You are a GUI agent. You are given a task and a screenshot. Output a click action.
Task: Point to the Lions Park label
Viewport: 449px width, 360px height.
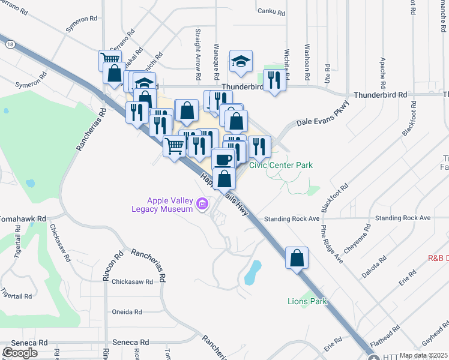307,301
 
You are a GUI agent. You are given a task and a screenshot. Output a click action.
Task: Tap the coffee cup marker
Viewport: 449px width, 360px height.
223,160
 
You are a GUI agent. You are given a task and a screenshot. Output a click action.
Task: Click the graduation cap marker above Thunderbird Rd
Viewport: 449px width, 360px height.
241,61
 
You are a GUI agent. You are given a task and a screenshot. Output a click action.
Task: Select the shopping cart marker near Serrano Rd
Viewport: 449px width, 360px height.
109,59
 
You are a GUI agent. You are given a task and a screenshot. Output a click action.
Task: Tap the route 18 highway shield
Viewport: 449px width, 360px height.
10,44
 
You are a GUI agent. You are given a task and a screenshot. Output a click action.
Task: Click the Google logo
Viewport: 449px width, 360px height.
20,352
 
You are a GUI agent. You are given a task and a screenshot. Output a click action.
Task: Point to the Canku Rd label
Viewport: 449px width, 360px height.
268,11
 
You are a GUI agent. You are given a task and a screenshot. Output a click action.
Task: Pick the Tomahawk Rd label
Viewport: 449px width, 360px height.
24,219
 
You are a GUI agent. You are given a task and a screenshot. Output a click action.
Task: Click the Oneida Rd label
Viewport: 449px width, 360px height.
127,312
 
